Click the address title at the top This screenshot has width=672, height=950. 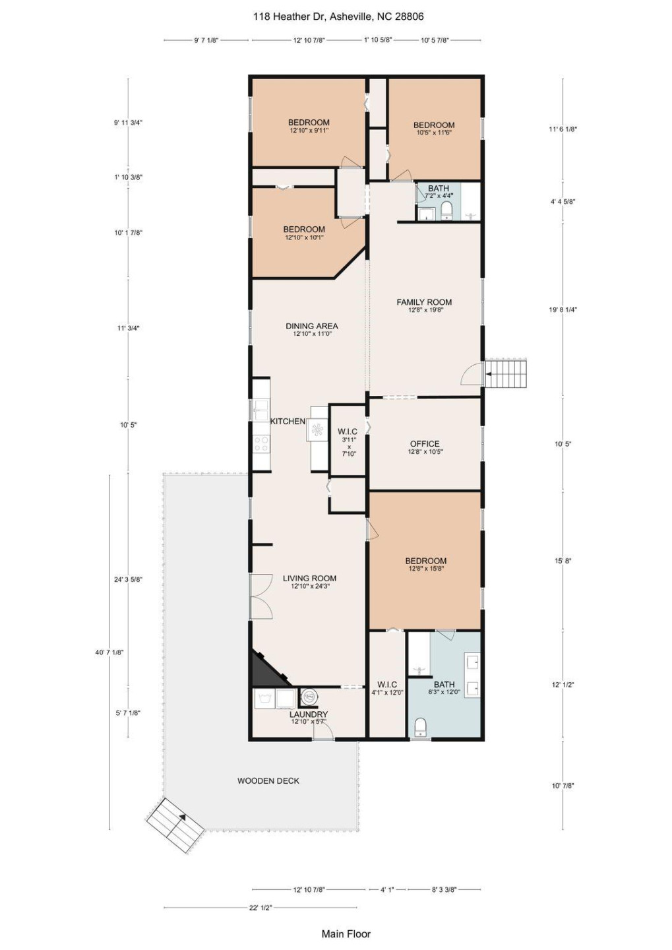click(338, 16)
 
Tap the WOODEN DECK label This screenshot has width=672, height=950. click(268, 780)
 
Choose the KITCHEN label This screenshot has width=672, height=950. click(288, 421)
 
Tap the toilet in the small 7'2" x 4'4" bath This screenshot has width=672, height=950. click(446, 210)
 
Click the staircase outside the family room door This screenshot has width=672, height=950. click(506, 373)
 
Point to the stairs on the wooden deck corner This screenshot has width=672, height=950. click(174, 825)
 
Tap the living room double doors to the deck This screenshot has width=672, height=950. click(261, 596)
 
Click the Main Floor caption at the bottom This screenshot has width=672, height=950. click(346, 934)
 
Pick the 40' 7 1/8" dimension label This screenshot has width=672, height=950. click(109, 652)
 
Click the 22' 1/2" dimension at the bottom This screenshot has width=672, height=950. click(260, 908)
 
